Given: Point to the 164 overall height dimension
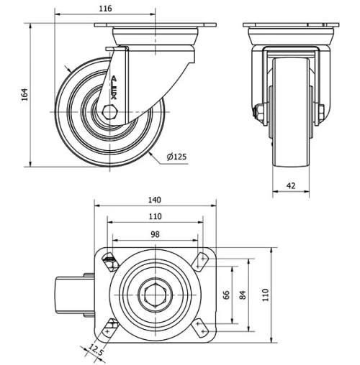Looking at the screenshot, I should [24, 94].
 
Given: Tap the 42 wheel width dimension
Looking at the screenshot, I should [291, 185].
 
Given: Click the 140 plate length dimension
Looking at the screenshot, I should [155, 200].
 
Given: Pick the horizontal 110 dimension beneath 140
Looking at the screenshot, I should [155, 216].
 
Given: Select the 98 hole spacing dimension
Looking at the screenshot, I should [155, 234].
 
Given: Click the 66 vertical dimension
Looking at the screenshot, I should [227, 295].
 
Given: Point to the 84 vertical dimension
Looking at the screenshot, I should [244, 295].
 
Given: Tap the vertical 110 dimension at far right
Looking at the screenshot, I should [264, 295].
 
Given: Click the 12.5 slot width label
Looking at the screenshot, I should [94, 350].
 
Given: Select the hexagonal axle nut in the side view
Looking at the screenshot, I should [109, 113].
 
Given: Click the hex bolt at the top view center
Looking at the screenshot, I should [155, 295].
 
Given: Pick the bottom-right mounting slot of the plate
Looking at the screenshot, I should [200, 328].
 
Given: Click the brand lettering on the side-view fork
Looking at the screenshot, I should [113, 87].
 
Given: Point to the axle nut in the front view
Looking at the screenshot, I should [258, 112].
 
